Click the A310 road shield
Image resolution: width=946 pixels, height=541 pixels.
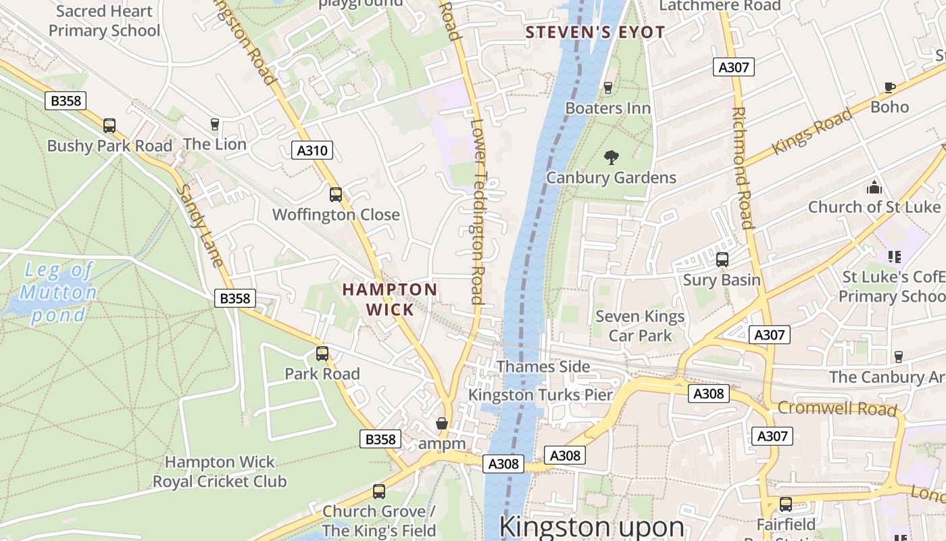tap(313, 150)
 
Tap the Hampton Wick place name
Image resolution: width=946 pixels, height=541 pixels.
tap(389, 300)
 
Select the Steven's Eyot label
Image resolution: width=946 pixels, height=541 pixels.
tap(595, 32)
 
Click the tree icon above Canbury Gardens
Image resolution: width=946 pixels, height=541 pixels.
tap(612, 158)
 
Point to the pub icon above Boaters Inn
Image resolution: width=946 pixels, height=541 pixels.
tap(607, 88)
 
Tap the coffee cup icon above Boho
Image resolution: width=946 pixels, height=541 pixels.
tap(890, 87)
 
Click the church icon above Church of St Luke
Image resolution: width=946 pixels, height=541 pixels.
tap(874, 187)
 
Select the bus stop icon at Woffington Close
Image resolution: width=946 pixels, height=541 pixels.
tap(336, 195)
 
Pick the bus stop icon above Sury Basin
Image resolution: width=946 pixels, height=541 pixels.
tap(722, 260)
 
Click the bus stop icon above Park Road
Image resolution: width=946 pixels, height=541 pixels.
tap(322, 354)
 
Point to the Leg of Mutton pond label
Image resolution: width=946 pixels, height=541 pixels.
tap(58, 293)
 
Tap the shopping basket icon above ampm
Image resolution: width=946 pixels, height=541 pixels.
tap(442, 424)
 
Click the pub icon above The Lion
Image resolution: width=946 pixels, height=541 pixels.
tap(215, 124)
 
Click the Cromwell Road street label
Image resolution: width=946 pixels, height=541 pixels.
tap(837, 408)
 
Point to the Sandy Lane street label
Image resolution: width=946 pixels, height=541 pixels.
tap(199, 226)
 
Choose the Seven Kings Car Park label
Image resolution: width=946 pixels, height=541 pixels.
tap(640, 326)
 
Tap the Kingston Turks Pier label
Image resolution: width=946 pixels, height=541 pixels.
tap(541, 395)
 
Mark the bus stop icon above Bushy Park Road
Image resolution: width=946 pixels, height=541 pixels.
tap(109, 126)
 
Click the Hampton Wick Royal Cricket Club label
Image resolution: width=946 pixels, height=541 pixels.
tap(220, 472)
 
